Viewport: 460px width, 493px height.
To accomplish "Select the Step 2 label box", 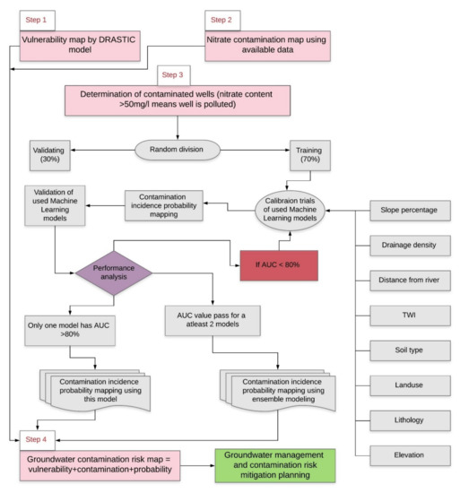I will click(x=220, y=18).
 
